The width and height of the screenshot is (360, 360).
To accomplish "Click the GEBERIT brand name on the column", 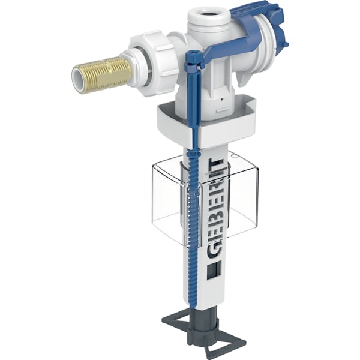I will [x=213, y=207].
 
